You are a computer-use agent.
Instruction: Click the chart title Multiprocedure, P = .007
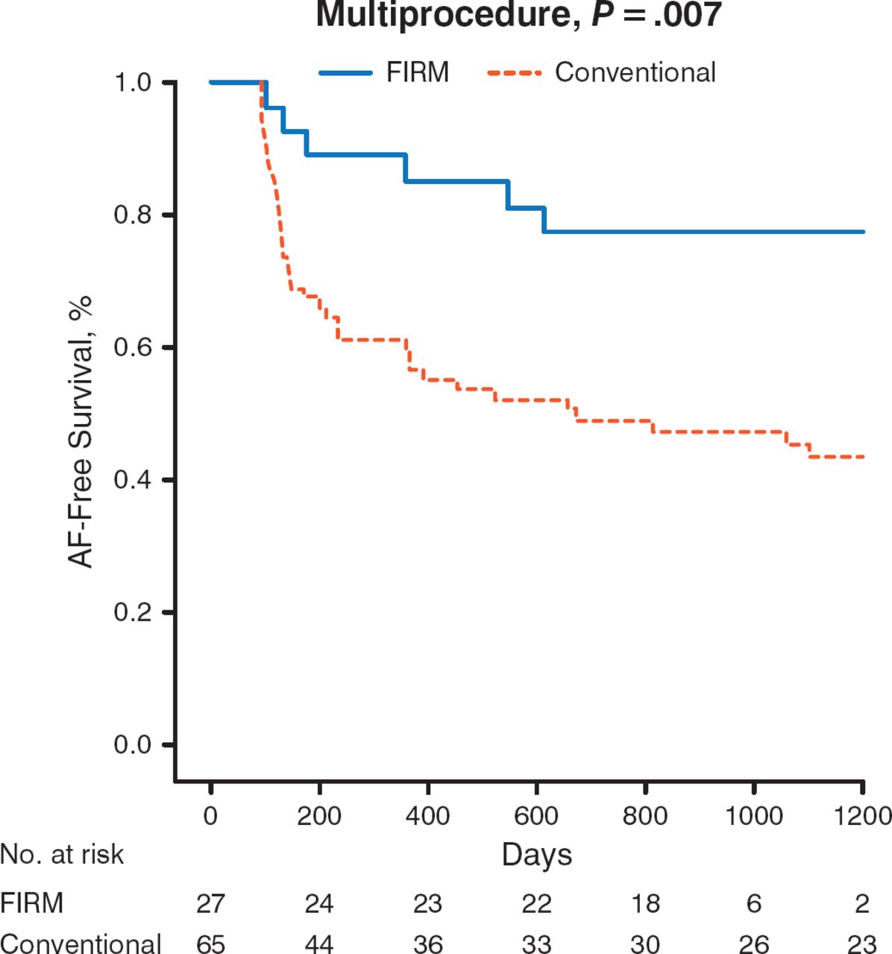[518, 15]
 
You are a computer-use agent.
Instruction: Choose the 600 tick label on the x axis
[536, 815]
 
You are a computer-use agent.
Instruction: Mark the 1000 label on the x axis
[753, 815]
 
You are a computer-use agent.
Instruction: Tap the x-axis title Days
[536, 855]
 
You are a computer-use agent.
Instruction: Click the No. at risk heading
[62, 854]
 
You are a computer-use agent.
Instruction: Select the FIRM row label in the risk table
[31, 903]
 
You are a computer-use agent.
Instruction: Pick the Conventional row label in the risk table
[81, 943]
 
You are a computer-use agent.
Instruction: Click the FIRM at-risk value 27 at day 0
[210, 903]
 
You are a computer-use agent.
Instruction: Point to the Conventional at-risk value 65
[210, 944]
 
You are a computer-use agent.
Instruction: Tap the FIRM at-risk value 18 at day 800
[645, 903]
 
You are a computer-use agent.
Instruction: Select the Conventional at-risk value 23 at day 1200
[862, 944]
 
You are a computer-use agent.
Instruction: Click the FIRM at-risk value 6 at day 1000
[754, 903]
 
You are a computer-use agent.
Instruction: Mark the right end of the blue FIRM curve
[863, 232]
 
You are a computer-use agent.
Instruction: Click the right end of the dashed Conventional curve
[863, 456]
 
